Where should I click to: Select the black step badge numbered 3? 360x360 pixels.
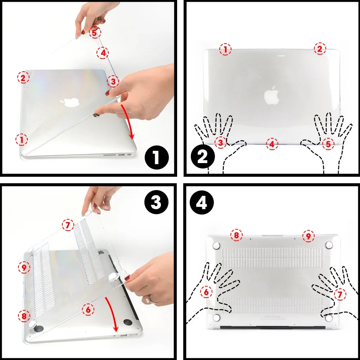(x=156, y=203)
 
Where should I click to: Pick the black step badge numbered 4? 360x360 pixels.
(x=203, y=203)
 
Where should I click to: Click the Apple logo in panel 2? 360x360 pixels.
(x=272, y=95)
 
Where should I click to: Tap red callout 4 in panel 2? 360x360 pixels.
(x=272, y=144)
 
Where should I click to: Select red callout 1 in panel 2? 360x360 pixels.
(x=225, y=50)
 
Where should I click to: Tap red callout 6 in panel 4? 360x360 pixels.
(x=206, y=292)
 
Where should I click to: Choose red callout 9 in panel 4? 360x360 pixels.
(x=308, y=236)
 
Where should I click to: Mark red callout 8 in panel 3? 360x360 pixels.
(x=24, y=316)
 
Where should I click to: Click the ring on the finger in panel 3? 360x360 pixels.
(x=148, y=300)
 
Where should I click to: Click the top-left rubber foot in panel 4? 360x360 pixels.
(x=216, y=246)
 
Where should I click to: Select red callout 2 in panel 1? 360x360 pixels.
(x=23, y=77)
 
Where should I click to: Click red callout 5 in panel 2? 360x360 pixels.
(x=328, y=144)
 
